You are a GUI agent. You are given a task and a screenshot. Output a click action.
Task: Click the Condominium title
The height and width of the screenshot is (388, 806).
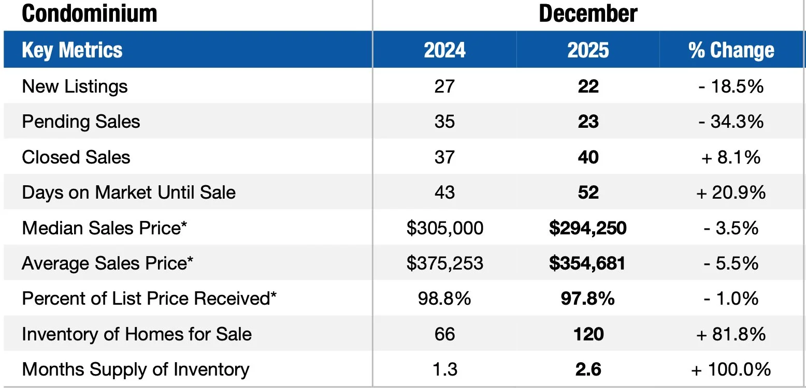pyautogui.click(x=89, y=14)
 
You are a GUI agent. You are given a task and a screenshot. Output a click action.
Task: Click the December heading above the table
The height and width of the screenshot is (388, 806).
pyautogui.click(x=588, y=14)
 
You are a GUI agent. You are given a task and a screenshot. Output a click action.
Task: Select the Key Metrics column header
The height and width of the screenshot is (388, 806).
pyautogui.click(x=73, y=50)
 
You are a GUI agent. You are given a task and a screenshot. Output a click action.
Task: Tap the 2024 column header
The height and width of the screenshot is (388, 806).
pyautogui.click(x=444, y=50)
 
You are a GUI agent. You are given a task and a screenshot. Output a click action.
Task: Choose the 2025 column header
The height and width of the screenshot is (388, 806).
pyautogui.click(x=588, y=50)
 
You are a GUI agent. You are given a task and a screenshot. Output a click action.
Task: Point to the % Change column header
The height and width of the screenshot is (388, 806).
pyautogui.click(x=731, y=50)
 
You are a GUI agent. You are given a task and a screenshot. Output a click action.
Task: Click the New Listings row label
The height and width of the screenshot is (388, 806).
pyautogui.click(x=75, y=86)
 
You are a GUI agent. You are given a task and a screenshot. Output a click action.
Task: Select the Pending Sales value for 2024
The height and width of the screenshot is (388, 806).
pyautogui.click(x=444, y=122)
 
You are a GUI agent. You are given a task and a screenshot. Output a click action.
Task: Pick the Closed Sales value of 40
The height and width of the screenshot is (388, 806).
pyautogui.click(x=588, y=157)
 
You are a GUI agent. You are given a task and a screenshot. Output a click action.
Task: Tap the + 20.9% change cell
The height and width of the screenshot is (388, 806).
pyautogui.click(x=731, y=192)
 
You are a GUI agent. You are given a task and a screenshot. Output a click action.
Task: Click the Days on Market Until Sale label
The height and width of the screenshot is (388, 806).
pyautogui.click(x=128, y=192)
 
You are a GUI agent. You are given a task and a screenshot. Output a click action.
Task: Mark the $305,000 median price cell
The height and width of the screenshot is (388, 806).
pyautogui.click(x=444, y=228)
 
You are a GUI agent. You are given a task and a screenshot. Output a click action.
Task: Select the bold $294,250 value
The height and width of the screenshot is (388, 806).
pyautogui.click(x=588, y=228)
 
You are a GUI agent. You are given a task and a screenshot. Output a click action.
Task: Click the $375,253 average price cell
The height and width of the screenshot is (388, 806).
pyautogui.click(x=444, y=263)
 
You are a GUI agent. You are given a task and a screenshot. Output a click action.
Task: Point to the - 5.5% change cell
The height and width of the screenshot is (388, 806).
pyautogui.click(x=731, y=263)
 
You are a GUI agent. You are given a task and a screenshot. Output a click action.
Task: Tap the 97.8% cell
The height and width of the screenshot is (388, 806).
pyautogui.click(x=588, y=299)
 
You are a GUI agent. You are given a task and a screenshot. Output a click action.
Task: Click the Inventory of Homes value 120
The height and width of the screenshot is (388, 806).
pyautogui.click(x=588, y=334)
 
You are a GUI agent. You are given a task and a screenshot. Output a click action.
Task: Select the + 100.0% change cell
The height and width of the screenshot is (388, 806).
pyautogui.click(x=731, y=369)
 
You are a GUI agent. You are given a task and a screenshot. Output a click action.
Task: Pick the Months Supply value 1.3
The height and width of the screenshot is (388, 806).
pyautogui.click(x=444, y=369)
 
